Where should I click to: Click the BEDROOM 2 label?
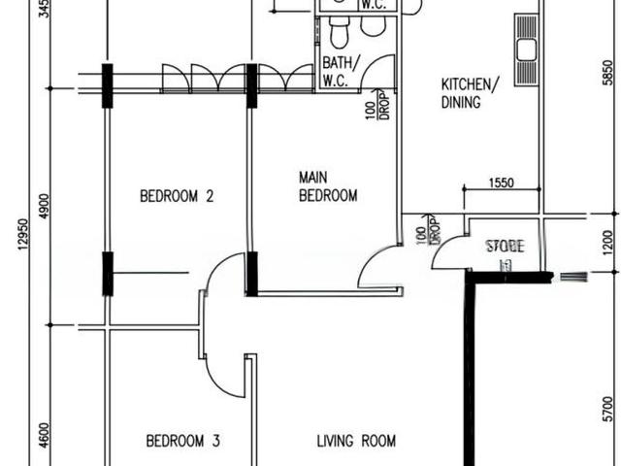point(177,196)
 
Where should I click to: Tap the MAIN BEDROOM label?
point(327,186)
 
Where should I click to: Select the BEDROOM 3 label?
point(182,441)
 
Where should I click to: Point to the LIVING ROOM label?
point(356,441)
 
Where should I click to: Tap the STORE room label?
point(504,247)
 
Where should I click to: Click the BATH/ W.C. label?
point(341,72)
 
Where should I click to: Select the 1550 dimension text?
point(501,182)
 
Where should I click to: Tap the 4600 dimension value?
point(44,431)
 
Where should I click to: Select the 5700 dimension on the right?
point(607,408)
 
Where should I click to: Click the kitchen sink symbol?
point(527,50)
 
